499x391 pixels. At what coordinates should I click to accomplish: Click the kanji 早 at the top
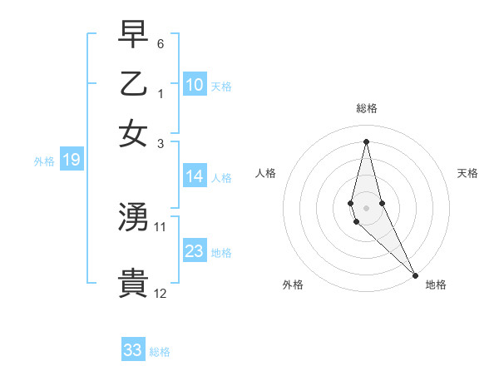coord(133,34)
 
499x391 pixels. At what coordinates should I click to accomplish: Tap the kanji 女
coord(133,134)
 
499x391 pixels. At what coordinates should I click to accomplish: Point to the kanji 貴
coord(133,284)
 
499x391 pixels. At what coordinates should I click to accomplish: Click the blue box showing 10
coord(195,84)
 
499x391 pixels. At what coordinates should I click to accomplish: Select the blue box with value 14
coord(195,176)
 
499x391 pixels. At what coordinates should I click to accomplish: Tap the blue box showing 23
coord(195,250)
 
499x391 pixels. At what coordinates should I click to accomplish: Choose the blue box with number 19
coord(71,160)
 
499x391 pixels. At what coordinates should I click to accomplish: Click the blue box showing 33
coord(133,350)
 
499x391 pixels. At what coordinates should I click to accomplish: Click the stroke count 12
coord(161,293)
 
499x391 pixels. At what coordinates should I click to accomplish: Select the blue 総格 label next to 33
coord(160,352)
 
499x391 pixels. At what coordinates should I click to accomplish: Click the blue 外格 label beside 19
coord(44,161)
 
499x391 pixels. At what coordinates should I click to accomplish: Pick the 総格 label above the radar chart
coord(366,108)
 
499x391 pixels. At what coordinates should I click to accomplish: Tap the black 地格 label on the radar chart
coord(436,285)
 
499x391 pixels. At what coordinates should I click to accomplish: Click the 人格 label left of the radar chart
coord(265,173)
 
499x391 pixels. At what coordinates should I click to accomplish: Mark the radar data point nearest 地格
coord(415,275)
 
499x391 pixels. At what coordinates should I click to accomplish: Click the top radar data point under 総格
coord(366,141)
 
